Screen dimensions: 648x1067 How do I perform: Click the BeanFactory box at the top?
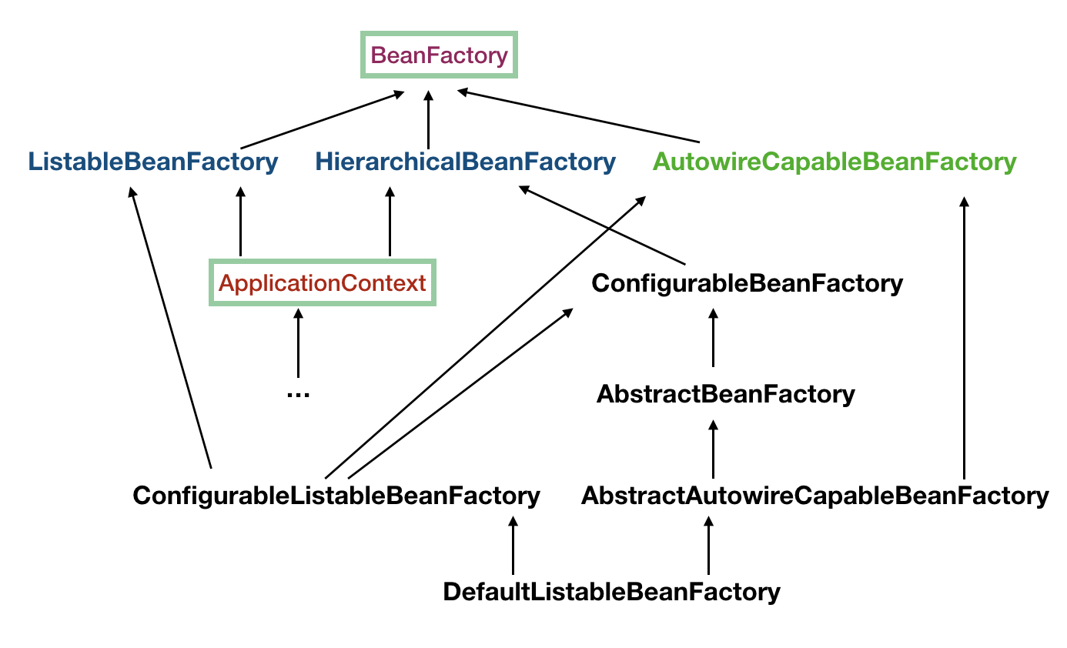(x=440, y=55)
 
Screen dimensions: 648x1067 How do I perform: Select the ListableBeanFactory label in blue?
(x=152, y=162)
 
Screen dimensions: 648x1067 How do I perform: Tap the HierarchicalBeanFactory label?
(x=465, y=162)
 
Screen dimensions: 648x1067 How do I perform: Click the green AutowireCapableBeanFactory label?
(x=834, y=162)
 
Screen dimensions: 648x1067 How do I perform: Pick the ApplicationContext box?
(x=323, y=282)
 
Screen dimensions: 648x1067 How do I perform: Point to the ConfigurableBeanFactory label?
(x=747, y=283)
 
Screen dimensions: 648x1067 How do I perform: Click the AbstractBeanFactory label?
(x=725, y=395)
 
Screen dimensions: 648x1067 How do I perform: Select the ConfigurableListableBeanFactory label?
(x=336, y=496)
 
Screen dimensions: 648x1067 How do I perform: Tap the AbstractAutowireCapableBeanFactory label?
(x=814, y=496)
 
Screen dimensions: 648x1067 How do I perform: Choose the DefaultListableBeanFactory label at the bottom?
(x=611, y=592)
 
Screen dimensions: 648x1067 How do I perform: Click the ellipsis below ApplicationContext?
(x=297, y=393)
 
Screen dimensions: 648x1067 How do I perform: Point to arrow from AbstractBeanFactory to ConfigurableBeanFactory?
(x=713, y=339)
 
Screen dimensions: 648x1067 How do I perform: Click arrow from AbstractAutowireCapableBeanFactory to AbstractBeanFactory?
(x=713, y=449)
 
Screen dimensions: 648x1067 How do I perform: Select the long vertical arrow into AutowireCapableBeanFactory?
(x=963, y=339)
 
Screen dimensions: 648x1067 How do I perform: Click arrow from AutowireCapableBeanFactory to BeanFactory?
(x=577, y=116)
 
